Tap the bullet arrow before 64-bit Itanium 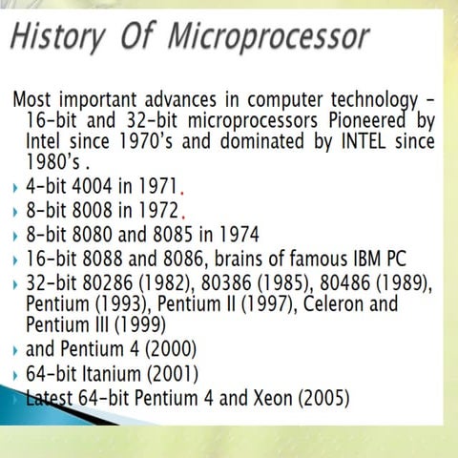pos(17,373)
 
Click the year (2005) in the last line pos(324,396)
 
